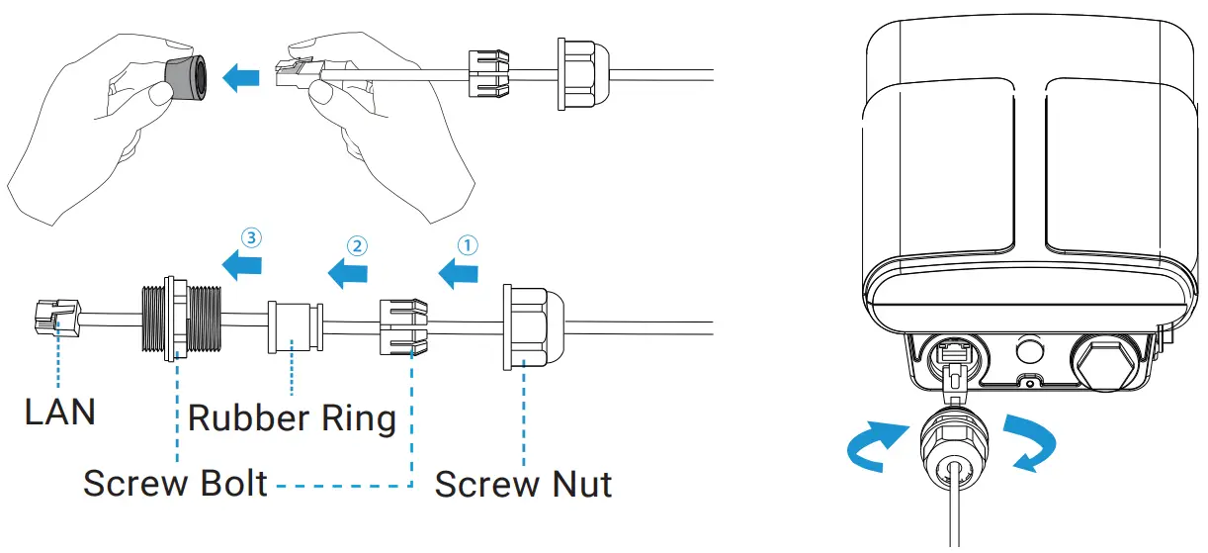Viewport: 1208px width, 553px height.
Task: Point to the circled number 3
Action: coord(253,237)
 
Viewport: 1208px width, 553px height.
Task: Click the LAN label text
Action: coord(60,412)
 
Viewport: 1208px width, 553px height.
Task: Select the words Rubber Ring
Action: coord(292,417)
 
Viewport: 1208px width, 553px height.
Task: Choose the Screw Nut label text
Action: coord(523,484)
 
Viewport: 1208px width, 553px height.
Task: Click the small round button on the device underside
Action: coord(1030,350)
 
